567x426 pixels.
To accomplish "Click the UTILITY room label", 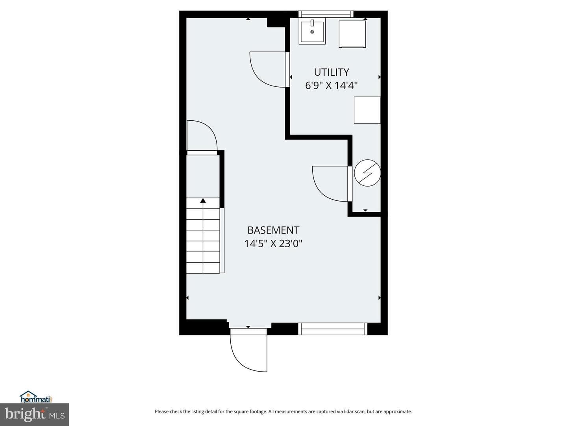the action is (332, 72).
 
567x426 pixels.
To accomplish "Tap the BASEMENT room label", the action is (273, 230).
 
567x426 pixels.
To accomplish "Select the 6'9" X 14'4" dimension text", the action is (332, 85).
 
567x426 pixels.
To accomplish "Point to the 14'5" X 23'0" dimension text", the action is (273, 243).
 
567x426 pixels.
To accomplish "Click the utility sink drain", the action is (312, 32).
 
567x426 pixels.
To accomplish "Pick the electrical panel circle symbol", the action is (367, 173).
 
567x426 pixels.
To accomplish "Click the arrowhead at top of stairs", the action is (203, 200).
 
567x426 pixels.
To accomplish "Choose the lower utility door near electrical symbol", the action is (332, 184).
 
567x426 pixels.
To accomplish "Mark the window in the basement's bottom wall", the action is (333, 329).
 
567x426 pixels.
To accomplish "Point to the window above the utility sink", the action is (326, 14).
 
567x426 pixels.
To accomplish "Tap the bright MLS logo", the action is (35, 415).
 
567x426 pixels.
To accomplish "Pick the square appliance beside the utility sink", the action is (352, 34).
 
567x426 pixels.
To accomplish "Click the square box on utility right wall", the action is (367, 110).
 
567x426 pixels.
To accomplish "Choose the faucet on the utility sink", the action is (312, 23).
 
